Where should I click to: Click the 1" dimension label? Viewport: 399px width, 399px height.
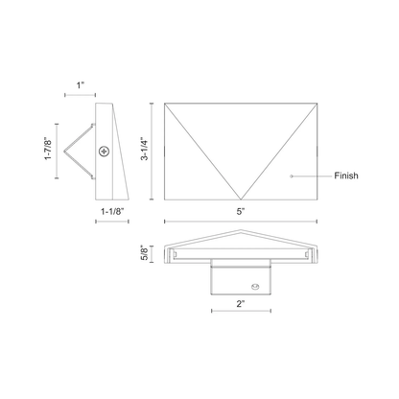tap(81, 85)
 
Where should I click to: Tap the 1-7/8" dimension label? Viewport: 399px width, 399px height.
tap(48, 150)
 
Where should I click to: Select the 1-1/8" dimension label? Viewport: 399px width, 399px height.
tap(112, 211)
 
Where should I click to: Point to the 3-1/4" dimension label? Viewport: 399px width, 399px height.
tap(145, 150)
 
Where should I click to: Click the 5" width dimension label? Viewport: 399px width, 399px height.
tap(241, 211)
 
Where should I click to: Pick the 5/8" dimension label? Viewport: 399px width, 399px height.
tap(145, 253)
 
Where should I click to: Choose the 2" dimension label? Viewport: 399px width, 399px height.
tap(241, 304)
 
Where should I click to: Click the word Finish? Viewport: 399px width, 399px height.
tap(346, 176)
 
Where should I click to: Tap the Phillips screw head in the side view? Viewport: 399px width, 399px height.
tap(105, 152)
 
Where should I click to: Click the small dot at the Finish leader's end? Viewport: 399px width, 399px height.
tap(291, 176)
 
